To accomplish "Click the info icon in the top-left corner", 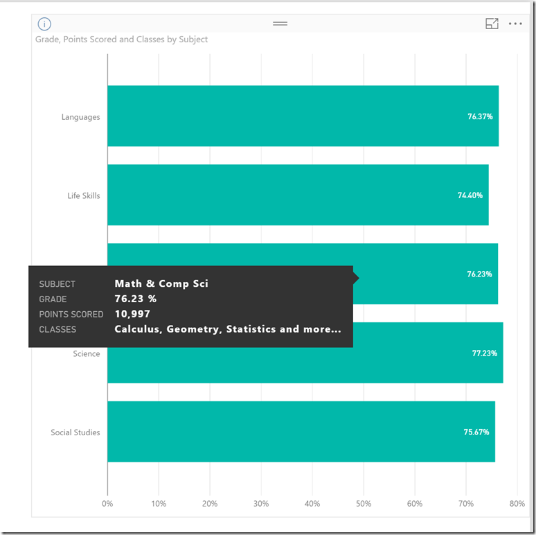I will tap(44, 24).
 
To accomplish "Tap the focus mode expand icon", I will tap(492, 24).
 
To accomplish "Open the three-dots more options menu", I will tap(515, 24).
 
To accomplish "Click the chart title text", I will tap(121, 40).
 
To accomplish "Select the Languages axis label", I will tap(80, 117).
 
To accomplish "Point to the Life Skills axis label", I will tap(83, 195).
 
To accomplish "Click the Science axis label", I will tap(87, 353).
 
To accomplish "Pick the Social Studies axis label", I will tap(75, 432).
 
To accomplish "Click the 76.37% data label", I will tap(480, 116).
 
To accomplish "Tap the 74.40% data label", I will tap(470, 195).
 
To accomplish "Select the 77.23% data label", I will tap(484, 353).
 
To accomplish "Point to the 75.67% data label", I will tap(476, 432).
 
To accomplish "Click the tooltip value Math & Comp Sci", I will tap(161, 283).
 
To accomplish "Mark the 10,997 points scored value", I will tap(132, 314).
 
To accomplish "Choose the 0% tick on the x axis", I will tap(107, 504).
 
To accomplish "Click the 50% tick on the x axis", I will tap(364, 504).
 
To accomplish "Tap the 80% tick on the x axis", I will tap(517, 504).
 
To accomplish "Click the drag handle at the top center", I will tap(280, 24).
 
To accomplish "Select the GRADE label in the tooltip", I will tap(53, 299).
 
